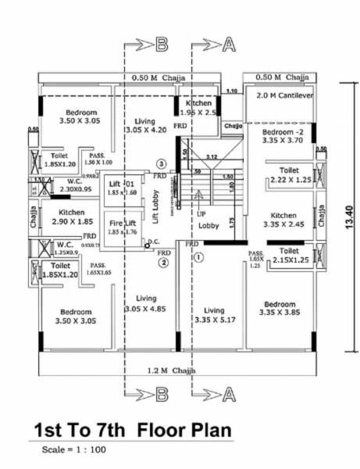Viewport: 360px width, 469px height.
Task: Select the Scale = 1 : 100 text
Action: pyautogui.click(x=73, y=449)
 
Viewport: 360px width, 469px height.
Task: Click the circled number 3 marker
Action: pyautogui.click(x=161, y=163)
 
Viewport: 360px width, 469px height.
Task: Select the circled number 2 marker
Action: pyautogui.click(x=163, y=263)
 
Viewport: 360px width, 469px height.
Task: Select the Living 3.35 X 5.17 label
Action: pyautogui.click(x=212, y=313)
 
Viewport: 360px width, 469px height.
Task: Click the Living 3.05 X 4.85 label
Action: pyautogui.click(x=145, y=304)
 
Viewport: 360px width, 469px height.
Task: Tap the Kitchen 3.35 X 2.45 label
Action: pyautogui.click(x=283, y=220)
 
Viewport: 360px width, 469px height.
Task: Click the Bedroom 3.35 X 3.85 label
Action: pyautogui.click(x=279, y=308)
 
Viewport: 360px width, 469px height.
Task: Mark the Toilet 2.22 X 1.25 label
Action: pyautogui.click(x=287, y=175)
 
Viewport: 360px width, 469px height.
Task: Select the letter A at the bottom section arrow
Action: pyautogui.click(x=228, y=391)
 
